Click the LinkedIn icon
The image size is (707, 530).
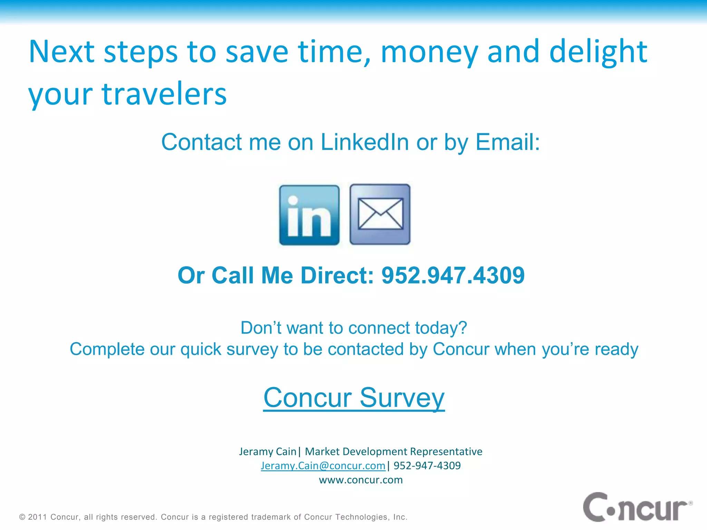pyautogui.click(x=309, y=215)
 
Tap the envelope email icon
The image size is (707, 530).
pyautogui.click(x=380, y=214)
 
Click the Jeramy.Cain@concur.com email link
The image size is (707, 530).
pyautogui.click(x=323, y=465)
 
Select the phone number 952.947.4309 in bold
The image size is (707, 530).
pyautogui.click(x=453, y=275)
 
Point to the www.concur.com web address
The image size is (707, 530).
pyautogui.click(x=361, y=480)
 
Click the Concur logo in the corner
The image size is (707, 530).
pyautogui.click(x=637, y=507)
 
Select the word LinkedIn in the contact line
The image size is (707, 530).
pyautogui.click(x=365, y=142)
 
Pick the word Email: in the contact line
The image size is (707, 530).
pyautogui.click(x=507, y=142)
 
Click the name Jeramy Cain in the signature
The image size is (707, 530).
pyautogui.click(x=268, y=451)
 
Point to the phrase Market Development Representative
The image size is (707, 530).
pyautogui.click(x=394, y=451)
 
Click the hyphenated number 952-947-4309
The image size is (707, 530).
pyautogui.click(x=427, y=465)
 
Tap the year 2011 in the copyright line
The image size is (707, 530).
pyautogui.click(x=37, y=517)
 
